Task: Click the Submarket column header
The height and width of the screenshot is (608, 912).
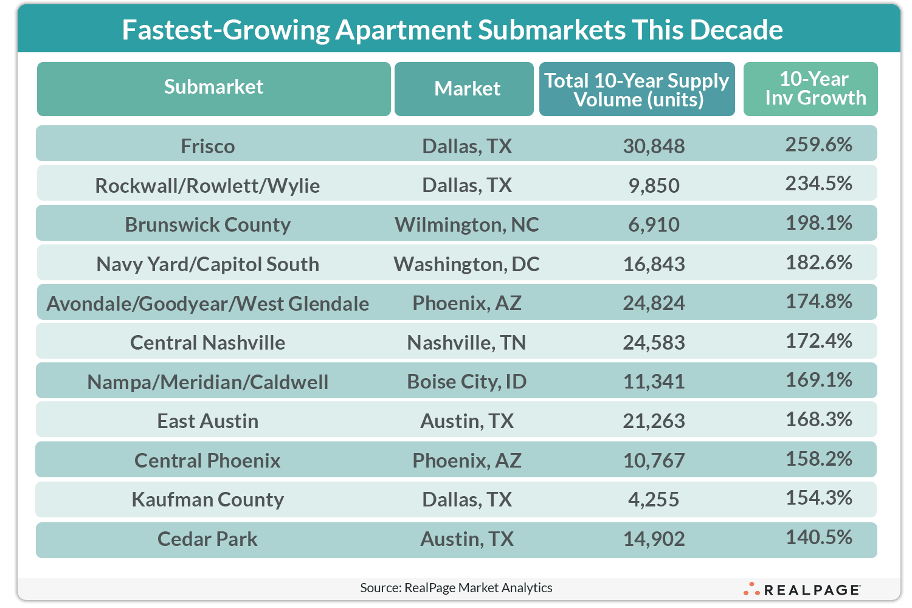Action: [x=213, y=88]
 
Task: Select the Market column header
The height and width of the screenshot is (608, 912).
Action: [x=467, y=89]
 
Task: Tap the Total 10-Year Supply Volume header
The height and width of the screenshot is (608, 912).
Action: [x=637, y=89]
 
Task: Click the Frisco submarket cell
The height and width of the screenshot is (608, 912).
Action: [x=208, y=146]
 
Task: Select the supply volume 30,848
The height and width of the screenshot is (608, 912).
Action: [x=654, y=146]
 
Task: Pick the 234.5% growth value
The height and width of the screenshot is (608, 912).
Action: [x=818, y=184]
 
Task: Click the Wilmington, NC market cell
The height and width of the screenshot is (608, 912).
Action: [x=467, y=224]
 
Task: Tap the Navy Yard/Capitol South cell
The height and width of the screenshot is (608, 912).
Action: [x=208, y=264]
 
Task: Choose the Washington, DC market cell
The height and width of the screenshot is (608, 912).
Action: [x=467, y=264]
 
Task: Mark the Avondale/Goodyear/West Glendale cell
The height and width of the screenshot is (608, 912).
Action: [x=208, y=303]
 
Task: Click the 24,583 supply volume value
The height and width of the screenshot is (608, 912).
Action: [x=654, y=342]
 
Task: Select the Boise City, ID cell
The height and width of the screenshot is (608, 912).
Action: [x=467, y=382]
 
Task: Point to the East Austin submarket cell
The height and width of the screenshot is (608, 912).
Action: [x=208, y=421]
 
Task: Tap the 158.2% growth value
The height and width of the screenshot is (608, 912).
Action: [x=818, y=458]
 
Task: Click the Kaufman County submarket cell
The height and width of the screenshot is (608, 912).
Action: [x=208, y=499]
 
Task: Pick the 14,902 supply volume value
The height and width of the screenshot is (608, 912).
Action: [x=654, y=539]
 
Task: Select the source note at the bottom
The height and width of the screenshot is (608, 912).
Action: [x=456, y=588]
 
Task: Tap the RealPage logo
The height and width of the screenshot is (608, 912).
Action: [x=803, y=589]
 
